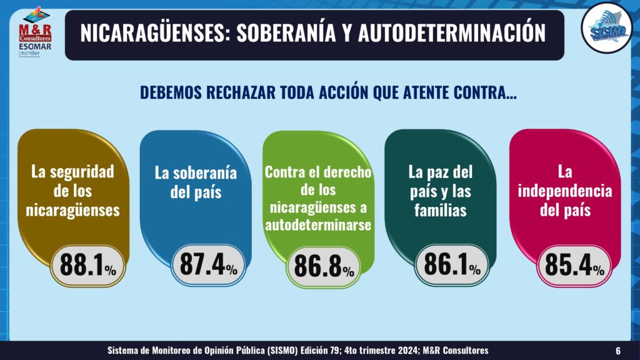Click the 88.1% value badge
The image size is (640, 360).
click(87, 266)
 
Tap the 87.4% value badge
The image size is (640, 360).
click(207, 265)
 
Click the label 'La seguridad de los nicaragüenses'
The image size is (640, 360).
click(72, 190)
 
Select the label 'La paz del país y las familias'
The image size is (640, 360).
click(440, 191)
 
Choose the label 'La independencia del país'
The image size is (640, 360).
click(566, 191)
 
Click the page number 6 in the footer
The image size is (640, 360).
click(618, 350)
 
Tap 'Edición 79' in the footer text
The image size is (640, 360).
click(341, 350)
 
